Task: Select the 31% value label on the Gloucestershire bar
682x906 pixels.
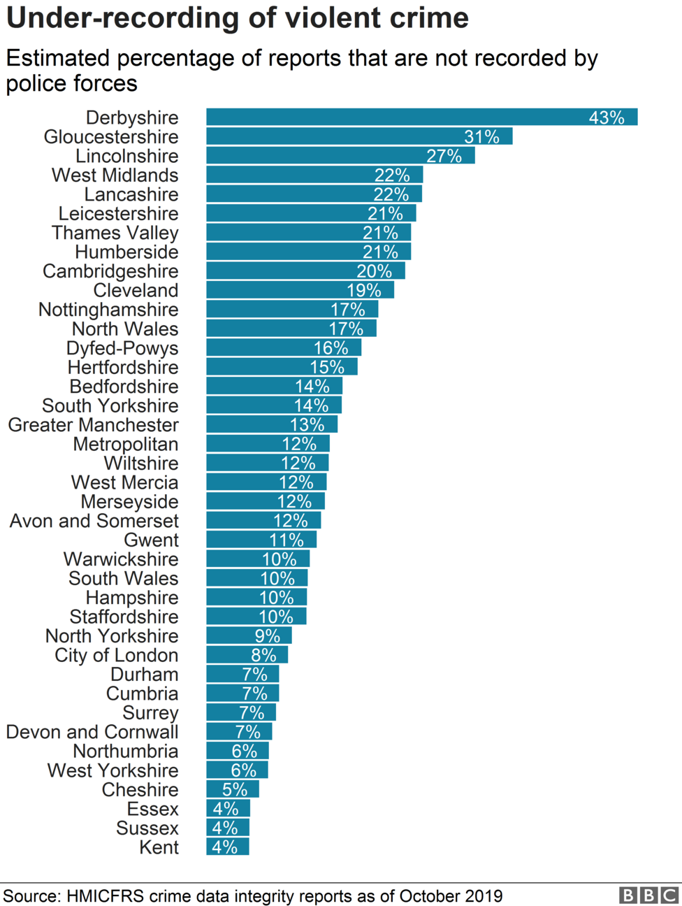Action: pos(481,137)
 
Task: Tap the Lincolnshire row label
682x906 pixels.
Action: pos(126,156)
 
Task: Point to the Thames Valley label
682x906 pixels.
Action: pos(115,233)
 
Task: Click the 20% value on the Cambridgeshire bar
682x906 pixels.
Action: pos(374,271)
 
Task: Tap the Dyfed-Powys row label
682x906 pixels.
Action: pos(122,348)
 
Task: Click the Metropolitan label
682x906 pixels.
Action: pos(125,444)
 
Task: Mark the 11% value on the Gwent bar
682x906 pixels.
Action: pos(286,540)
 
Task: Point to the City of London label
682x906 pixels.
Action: pos(116,655)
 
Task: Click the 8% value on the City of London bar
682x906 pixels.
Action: pos(263,655)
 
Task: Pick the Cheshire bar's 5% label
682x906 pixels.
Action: pos(235,789)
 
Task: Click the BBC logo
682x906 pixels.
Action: pos(648,896)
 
